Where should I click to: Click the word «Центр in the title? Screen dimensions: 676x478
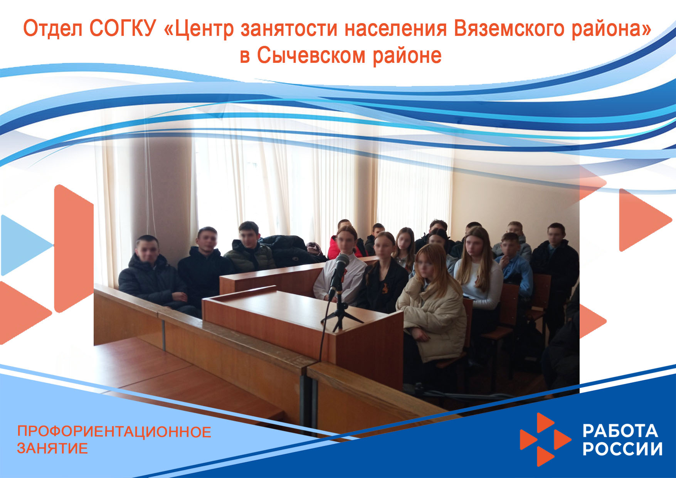pos(198,29)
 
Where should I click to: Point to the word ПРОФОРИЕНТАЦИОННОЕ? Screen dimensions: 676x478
pos(114,432)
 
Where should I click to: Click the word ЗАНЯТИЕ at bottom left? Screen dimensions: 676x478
pos(52,448)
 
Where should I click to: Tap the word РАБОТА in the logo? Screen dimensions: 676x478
pos(620,431)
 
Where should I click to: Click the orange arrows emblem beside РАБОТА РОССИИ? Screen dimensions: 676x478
pos(545,439)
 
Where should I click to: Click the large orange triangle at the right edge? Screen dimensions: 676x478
pos(642,220)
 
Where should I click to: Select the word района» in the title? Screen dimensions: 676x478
pos(611,29)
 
